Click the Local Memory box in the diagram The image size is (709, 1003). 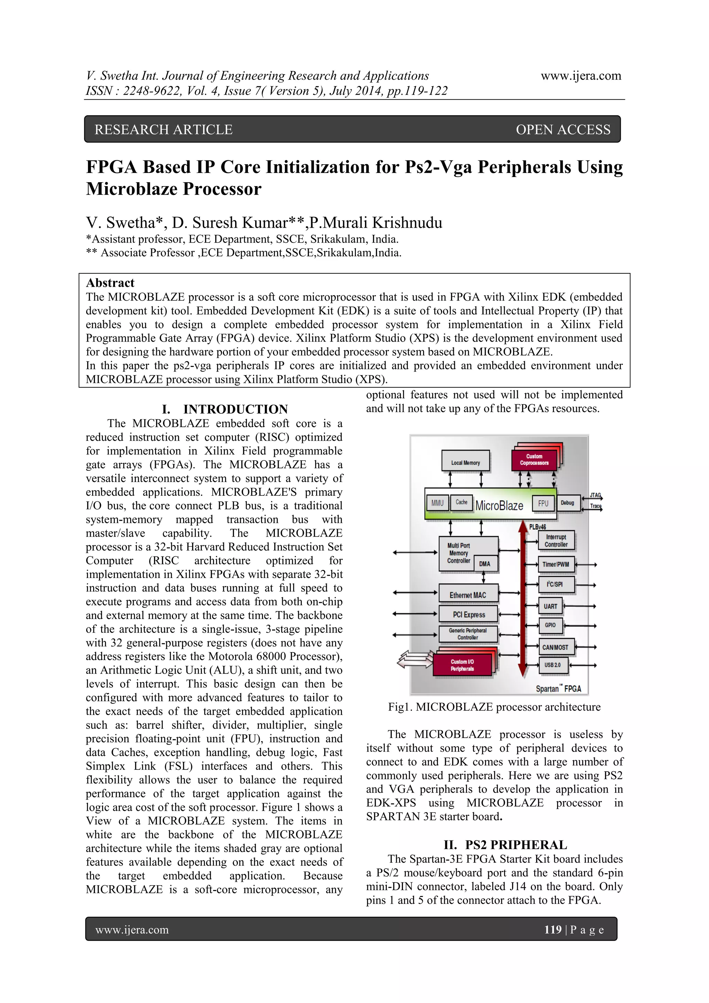pos(465,462)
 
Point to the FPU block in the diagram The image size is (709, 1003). pos(543,503)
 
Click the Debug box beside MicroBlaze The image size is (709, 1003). pos(567,503)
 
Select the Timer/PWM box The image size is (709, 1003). pos(555,564)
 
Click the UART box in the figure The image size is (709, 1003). pos(550,606)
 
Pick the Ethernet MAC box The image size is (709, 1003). pos(468,595)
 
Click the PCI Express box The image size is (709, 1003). pos(468,615)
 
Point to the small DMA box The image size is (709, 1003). pos(485,564)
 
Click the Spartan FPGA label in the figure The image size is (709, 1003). pos(558,689)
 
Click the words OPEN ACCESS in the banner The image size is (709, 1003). pos(563,130)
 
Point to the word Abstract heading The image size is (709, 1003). pos(110,283)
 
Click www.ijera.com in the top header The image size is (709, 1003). pos(581,76)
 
